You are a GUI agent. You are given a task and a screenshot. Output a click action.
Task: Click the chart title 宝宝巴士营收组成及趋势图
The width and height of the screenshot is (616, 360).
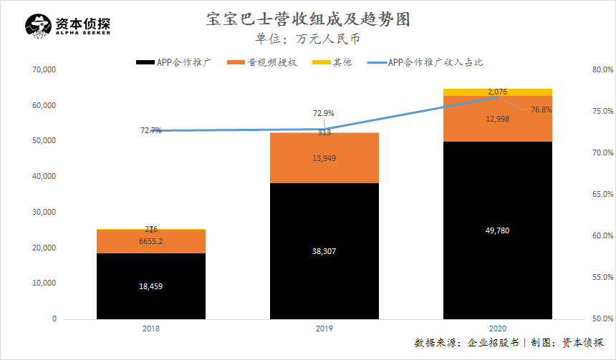point(307,19)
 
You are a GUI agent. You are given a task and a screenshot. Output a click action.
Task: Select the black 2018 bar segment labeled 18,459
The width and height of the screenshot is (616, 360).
point(151,286)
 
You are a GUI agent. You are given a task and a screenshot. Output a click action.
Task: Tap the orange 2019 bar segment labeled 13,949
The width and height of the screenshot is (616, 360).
point(324,158)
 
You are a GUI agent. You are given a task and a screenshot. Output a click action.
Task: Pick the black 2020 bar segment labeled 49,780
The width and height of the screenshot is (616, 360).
point(497,230)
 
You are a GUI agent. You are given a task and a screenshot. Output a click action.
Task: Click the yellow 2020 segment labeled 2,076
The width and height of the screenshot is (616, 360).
point(497,92)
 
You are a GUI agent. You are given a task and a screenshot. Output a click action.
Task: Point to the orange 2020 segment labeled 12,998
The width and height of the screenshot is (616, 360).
point(497,119)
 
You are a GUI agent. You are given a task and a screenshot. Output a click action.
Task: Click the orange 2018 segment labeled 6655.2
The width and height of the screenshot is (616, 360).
point(151,241)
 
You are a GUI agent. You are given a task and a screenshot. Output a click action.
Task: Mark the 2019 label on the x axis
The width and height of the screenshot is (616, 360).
point(324,329)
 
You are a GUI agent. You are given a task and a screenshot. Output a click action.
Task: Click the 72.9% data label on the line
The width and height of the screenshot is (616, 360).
point(324,113)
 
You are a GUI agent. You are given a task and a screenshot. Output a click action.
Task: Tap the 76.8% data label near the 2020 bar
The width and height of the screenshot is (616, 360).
point(541,110)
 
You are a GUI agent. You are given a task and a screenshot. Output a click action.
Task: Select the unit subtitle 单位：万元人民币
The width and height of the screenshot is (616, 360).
point(308,39)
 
